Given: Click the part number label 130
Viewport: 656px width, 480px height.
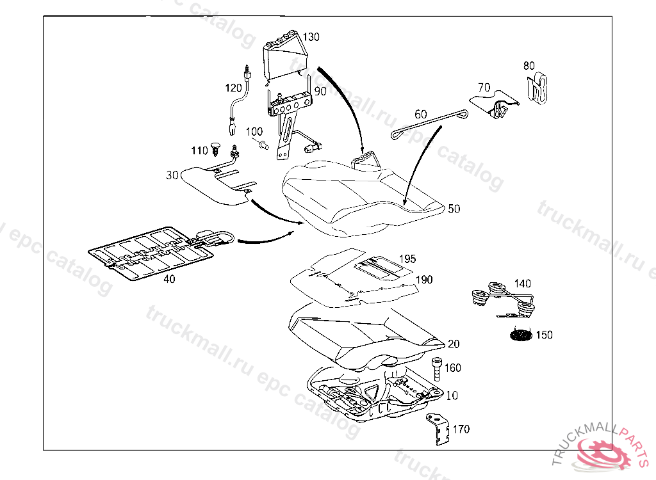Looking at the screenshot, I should click(x=311, y=36).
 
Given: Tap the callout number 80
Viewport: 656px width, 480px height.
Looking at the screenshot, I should click(x=529, y=65).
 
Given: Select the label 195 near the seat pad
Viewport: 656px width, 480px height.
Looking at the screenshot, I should click(x=407, y=259).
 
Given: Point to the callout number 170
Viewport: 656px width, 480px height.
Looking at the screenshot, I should click(x=461, y=429).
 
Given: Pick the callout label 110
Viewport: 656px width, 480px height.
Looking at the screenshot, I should click(x=199, y=150).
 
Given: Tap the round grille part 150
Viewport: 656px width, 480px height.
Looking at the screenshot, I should click(x=522, y=335).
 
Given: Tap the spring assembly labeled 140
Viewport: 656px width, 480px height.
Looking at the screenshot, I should click(x=504, y=298).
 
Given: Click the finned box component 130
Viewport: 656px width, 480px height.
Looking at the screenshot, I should click(x=283, y=58).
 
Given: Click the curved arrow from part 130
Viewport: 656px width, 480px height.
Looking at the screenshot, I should click(x=346, y=102).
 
